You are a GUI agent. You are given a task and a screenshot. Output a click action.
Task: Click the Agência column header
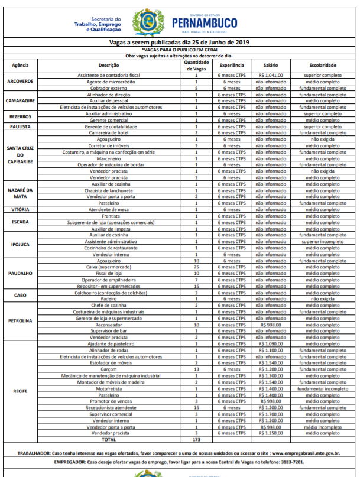(20, 64)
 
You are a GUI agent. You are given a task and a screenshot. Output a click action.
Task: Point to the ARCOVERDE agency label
(20, 82)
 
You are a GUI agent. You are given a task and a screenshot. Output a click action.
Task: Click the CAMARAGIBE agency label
(20, 100)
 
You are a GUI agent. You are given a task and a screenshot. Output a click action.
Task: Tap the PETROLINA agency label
(20, 320)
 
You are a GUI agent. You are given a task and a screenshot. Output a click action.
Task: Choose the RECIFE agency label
(20, 391)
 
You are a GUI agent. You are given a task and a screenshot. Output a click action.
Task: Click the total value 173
(196, 440)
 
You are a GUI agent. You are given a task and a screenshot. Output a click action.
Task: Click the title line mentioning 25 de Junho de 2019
(179, 43)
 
